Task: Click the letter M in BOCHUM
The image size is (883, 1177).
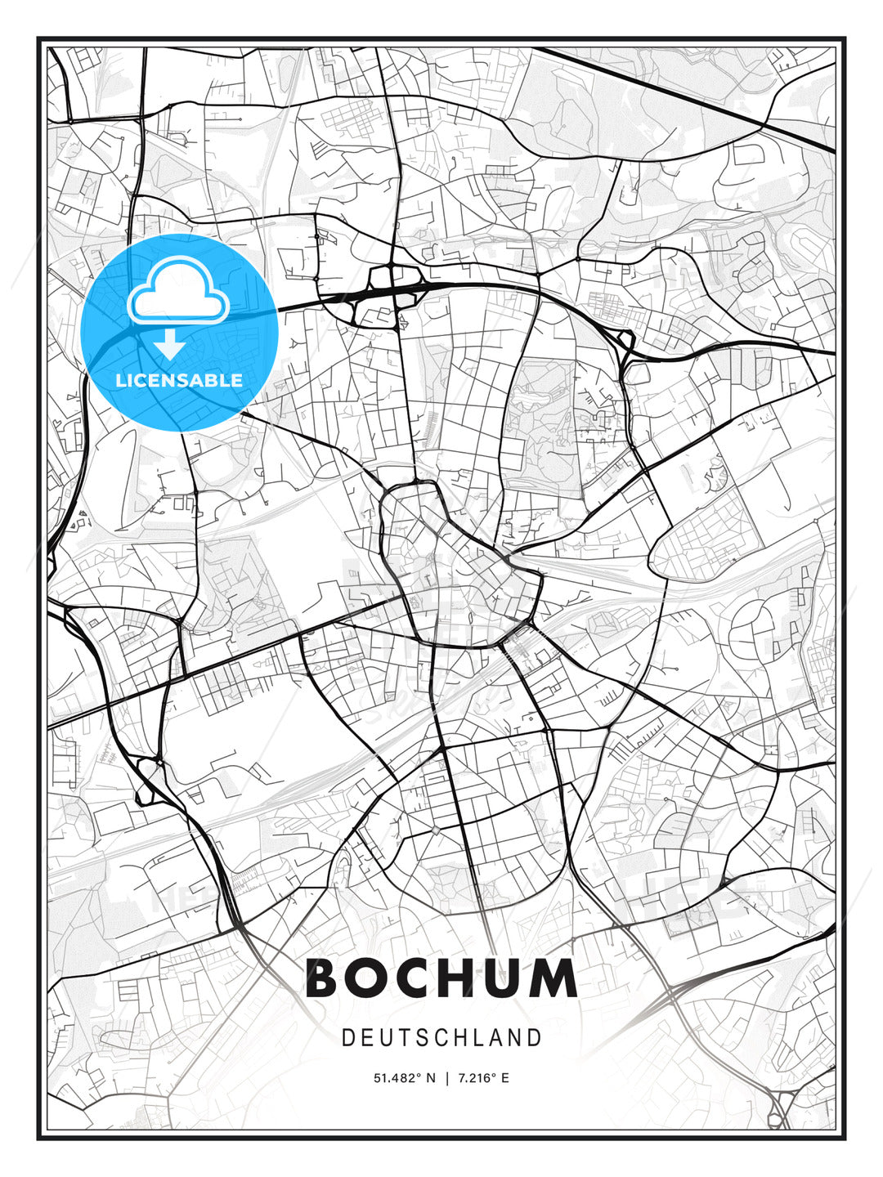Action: pos(559,978)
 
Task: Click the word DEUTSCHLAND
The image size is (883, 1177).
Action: pos(441,1038)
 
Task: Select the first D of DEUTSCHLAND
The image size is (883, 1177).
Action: pos(347,1038)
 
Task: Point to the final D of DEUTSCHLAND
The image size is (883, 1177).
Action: pos(536,1038)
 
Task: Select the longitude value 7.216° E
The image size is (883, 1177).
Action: pos(484,1078)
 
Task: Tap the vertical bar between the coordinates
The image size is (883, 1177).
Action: pos(446,1078)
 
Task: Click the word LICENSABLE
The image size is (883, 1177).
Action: pos(179,380)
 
